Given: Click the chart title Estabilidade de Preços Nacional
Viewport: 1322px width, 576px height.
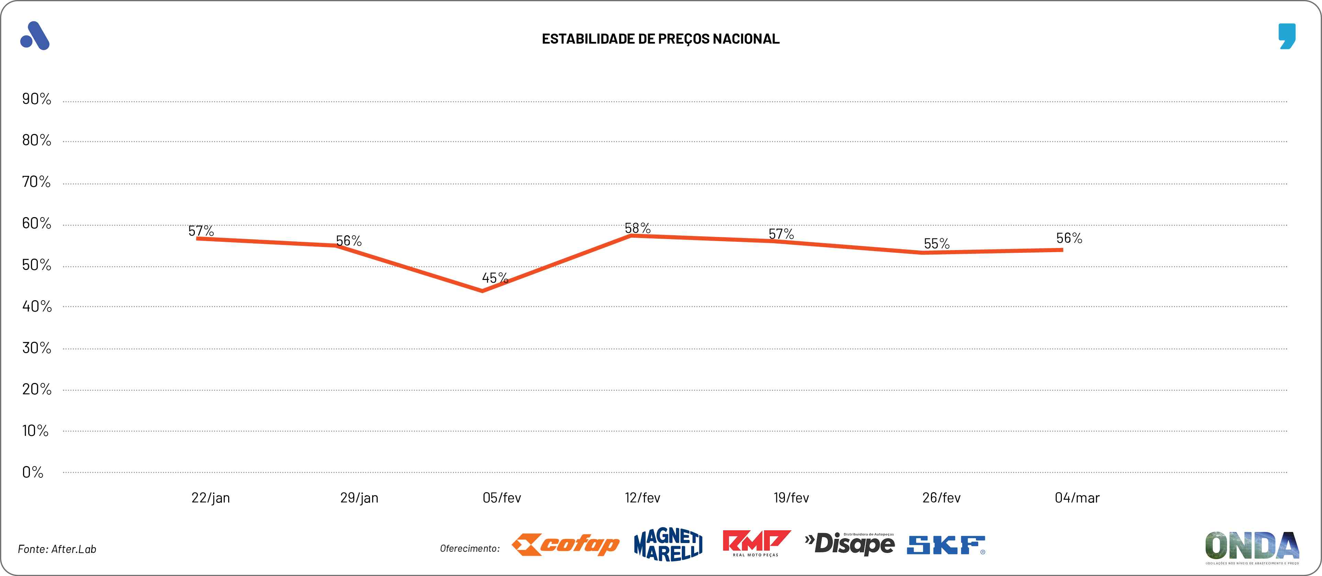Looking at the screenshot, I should (x=660, y=39).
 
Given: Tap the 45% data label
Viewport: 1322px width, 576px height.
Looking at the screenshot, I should (x=495, y=278).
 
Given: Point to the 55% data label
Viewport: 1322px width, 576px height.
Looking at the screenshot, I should (x=936, y=244).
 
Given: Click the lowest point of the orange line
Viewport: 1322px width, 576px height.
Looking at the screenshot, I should (x=482, y=291).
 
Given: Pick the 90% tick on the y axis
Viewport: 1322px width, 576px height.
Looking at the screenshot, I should (x=36, y=99).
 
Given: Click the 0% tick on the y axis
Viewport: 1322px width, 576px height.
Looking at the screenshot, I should (x=32, y=472).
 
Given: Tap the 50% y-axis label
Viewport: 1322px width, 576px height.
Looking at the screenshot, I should (x=36, y=265).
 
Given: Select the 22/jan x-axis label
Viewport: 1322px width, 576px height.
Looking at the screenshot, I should (x=210, y=498).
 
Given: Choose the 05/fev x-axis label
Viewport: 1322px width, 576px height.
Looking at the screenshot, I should (x=501, y=498).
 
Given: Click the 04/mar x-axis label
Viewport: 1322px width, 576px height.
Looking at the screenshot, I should (x=1077, y=498).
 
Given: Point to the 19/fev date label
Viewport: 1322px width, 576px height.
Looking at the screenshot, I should (x=791, y=498).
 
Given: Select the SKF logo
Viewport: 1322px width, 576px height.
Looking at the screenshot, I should (x=946, y=545).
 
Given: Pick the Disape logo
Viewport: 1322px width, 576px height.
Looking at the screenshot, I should (x=849, y=544).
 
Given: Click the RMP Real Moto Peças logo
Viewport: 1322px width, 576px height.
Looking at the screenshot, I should (x=756, y=543).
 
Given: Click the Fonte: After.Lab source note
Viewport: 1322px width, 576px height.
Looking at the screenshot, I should (x=57, y=549).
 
